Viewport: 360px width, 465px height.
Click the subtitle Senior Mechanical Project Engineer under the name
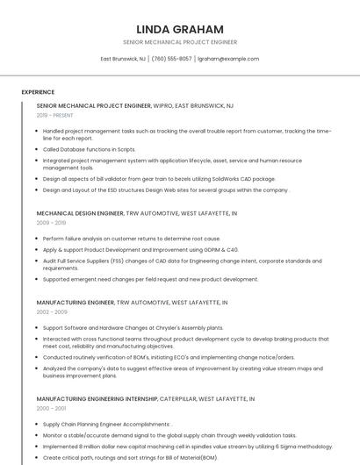pos(180,42)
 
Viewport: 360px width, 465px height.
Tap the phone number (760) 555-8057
pos(171,59)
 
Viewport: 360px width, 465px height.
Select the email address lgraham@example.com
pos(228,59)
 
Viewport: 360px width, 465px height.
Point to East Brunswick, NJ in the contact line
pos(123,59)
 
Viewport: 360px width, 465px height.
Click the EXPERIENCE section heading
pos(38,92)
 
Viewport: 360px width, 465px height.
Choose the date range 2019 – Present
pos(55,115)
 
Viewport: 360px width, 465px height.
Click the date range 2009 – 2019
pos(51,223)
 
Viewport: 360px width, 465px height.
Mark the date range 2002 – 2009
pos(51,311)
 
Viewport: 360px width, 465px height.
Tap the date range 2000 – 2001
pos(51,408)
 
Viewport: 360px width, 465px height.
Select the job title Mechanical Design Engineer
pos(80,213)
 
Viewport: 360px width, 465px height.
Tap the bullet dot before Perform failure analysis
pos(37,239)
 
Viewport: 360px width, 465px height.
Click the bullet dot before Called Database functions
pos(37,150)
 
